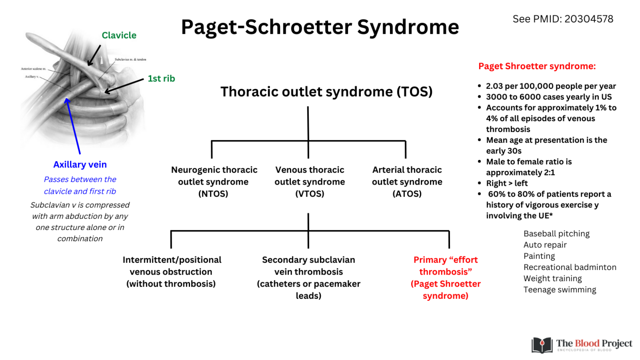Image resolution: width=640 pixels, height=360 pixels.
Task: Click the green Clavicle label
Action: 119,35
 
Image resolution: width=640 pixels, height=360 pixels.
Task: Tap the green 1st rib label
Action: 161,79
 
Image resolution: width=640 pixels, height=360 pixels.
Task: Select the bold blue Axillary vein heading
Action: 80,165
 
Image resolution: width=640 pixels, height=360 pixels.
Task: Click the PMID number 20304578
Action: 589,19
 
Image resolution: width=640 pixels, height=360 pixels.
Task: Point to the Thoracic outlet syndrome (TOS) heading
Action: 326,92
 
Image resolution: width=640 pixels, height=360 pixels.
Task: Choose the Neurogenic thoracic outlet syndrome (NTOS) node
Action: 214,182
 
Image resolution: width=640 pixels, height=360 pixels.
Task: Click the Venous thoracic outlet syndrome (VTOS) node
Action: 310,182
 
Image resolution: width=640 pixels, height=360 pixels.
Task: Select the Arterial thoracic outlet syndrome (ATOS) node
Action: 407,182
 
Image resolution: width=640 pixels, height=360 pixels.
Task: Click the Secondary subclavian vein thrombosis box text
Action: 308,277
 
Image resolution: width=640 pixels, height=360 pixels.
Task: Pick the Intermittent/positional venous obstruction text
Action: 172,272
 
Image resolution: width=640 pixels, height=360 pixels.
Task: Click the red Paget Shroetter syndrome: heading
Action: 537,66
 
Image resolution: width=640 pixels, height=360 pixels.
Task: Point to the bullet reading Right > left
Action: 507,183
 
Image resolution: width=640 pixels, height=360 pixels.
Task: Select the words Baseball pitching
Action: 556,234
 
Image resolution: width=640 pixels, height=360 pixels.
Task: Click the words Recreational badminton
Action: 570,267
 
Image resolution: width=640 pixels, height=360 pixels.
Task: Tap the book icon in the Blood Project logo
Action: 542,345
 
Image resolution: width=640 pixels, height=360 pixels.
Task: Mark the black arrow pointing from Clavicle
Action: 94,55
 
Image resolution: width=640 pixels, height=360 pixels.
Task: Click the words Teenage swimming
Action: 560,290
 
